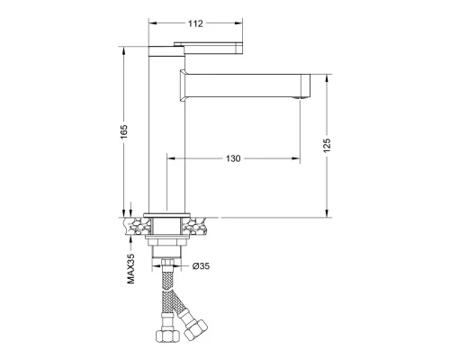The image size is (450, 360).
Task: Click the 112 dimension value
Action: click(x=195, y=23)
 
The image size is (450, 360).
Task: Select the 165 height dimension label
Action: click(x=123, y=131)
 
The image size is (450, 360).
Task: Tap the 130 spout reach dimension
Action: click(x=233, y=158)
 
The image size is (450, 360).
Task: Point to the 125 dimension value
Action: click(x=327, y=145)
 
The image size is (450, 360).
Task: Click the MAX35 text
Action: click(x=130, y=268)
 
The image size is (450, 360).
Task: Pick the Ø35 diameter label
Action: click(x=201, y=265)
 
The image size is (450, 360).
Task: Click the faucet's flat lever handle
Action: click(x=208, y=48)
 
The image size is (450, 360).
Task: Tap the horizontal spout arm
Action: click(x=245, y=85)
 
